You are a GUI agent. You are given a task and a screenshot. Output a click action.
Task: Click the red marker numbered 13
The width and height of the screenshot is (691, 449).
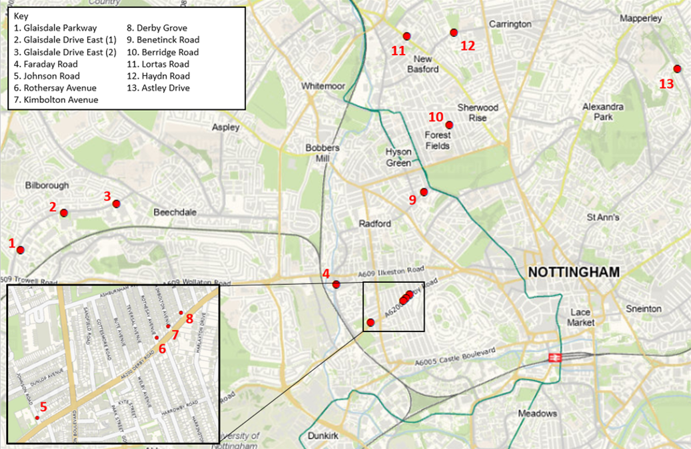click(x=677, y=69)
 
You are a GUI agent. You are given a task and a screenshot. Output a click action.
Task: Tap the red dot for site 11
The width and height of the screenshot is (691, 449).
click(x=406, y=36)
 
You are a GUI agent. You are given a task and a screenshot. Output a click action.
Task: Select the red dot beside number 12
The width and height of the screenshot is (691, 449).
click(x=454, y=33)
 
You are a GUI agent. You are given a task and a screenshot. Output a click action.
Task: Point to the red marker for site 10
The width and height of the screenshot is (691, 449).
click(x=449, y=125)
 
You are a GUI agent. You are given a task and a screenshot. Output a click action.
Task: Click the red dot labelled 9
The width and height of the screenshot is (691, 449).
click(x=424, y=192)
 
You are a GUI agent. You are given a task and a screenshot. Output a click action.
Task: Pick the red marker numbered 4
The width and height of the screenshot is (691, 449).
click(x=337, y=285)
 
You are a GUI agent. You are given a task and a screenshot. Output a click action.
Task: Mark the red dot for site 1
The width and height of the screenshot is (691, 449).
click(x=21, y=250)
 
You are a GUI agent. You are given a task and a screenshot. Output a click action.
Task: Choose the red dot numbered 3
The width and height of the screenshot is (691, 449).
click(x=116, y=203)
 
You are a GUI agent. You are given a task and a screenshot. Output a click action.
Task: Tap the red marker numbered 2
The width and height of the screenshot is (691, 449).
click(x=64, y=213)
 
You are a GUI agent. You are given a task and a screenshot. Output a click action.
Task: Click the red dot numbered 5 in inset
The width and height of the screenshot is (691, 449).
click(x=37, y=418)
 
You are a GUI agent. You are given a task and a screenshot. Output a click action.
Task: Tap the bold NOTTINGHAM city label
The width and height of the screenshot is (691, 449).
click(x=574, y=272)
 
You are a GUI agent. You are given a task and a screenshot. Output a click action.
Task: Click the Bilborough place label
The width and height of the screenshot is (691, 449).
click(x=47, y=185)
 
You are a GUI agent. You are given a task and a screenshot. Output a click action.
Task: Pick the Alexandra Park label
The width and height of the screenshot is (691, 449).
click(x=602, y=111)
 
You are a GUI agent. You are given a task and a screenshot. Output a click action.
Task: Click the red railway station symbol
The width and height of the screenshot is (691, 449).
click(x=552, y=358)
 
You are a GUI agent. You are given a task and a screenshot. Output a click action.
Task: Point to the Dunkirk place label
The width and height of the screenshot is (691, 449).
click(x=325, y=436)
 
